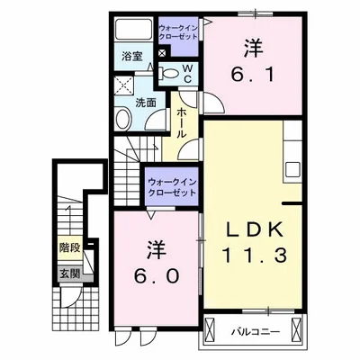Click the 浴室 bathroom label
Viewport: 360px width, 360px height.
click(133, 57)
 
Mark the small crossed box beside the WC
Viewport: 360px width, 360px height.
click(162, 53)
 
